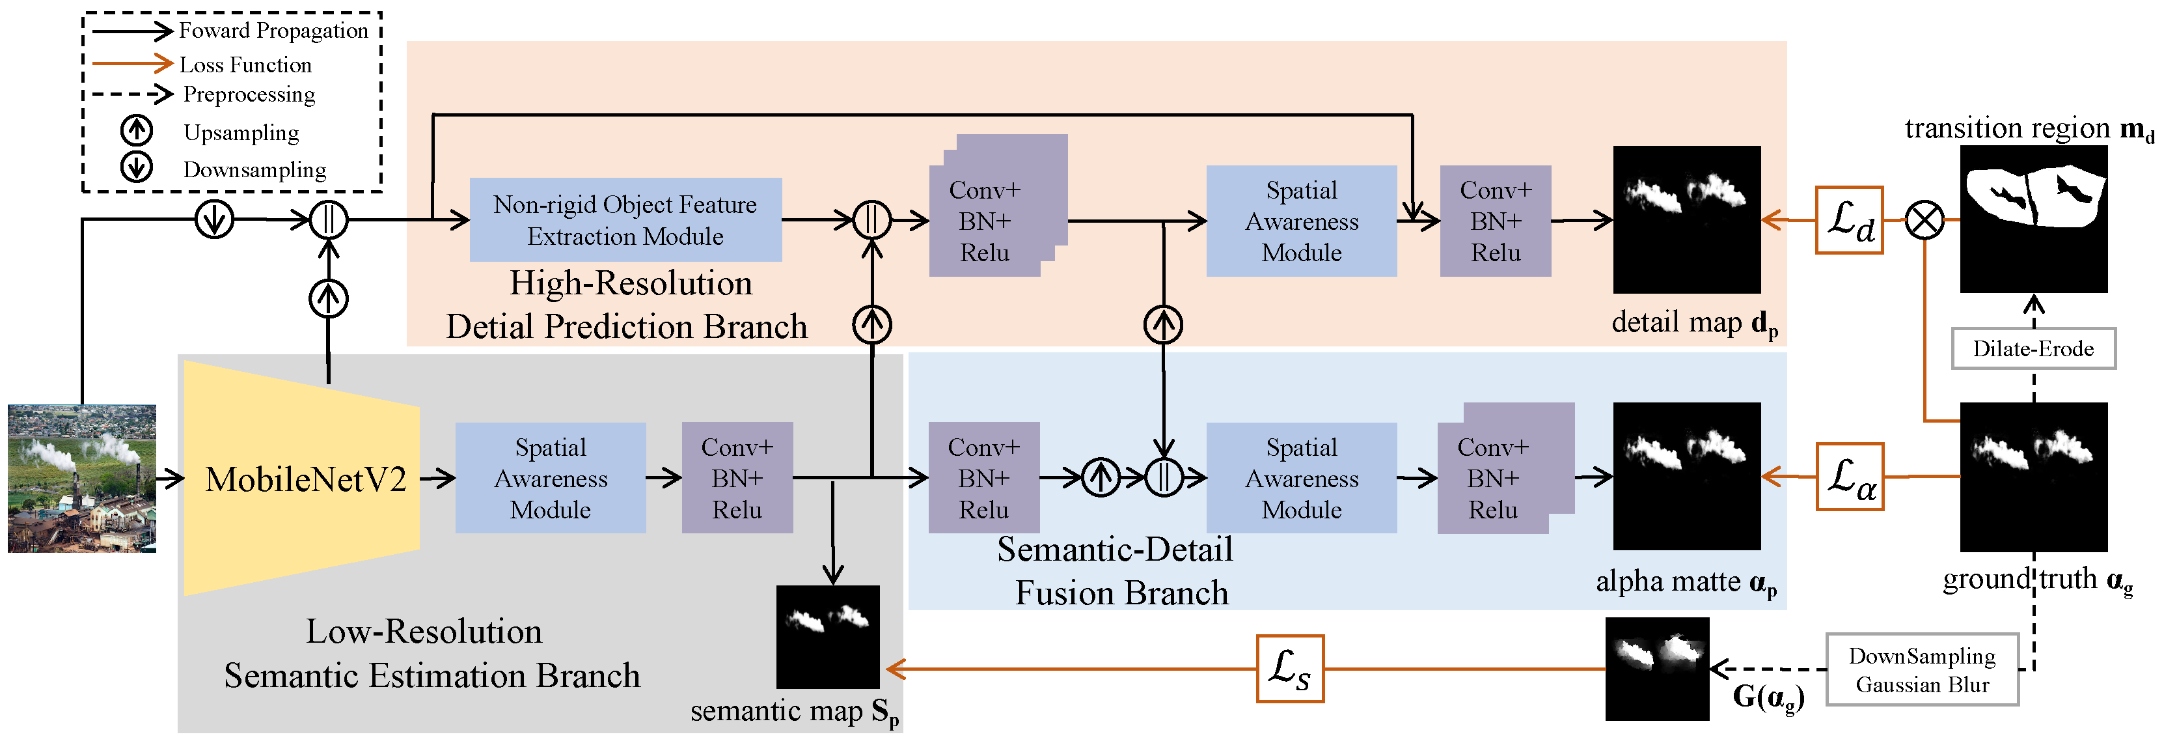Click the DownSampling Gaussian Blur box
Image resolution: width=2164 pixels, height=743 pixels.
[x=1921, y=670]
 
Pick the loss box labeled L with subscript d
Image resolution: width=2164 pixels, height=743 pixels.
[x=1849, y=220]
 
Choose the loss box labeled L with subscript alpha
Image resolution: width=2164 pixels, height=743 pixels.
[x=1849, y=477]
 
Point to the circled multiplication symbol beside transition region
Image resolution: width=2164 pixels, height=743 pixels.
[x=1924, y=221]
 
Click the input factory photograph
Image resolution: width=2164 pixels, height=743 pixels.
[x=81, y=478]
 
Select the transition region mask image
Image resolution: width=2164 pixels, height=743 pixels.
[x=2033, y=219]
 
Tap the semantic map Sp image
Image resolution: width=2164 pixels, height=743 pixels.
[x=827, y=637]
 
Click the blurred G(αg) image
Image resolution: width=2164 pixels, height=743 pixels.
[x=1656, y=669]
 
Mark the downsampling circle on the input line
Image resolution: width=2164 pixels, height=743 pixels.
[x=214, y=220]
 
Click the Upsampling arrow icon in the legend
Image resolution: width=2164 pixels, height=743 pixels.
[x=136, y=130]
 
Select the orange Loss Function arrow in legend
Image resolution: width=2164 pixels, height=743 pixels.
[x=132, y=63]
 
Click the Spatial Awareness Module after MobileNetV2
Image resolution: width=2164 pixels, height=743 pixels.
[x=550, y=478]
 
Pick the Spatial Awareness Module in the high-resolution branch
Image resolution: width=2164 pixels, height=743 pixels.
[x=1301, y=221]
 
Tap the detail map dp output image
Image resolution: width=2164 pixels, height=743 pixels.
[x=1686, y=219]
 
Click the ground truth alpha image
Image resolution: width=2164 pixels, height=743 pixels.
[x=2033, y=477]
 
